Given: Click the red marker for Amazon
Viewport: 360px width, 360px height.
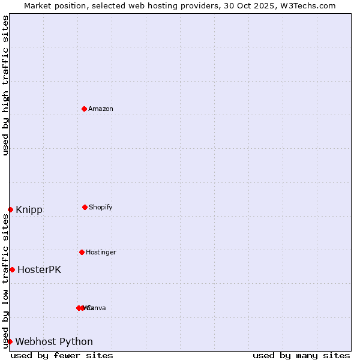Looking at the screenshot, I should (84, 109).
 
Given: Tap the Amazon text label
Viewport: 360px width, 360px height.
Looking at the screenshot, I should (101, 109).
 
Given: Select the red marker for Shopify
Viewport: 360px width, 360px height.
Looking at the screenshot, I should (85, 207).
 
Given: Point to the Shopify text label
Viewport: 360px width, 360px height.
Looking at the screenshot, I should (101, 207).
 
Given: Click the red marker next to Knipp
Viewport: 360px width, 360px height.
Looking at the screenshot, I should (10, 209).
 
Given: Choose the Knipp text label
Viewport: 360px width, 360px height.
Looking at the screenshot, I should (29, 210).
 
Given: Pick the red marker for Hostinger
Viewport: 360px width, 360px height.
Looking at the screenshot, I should (82, 252).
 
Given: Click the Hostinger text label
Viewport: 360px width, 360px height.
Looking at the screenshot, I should (101, 252).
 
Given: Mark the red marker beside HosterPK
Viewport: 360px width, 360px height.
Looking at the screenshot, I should (12, 269).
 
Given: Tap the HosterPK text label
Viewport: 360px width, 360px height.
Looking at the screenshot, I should (39, 270).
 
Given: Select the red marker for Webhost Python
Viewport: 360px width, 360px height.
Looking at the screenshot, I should (10, 341).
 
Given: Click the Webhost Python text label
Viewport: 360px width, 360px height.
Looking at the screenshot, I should (54, 342).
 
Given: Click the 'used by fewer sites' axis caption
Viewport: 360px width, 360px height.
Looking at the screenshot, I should (62, 355).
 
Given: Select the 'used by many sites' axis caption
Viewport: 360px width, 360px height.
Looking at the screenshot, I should (301, 355).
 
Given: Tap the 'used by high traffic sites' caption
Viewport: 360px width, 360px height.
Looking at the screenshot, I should (5, 85).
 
